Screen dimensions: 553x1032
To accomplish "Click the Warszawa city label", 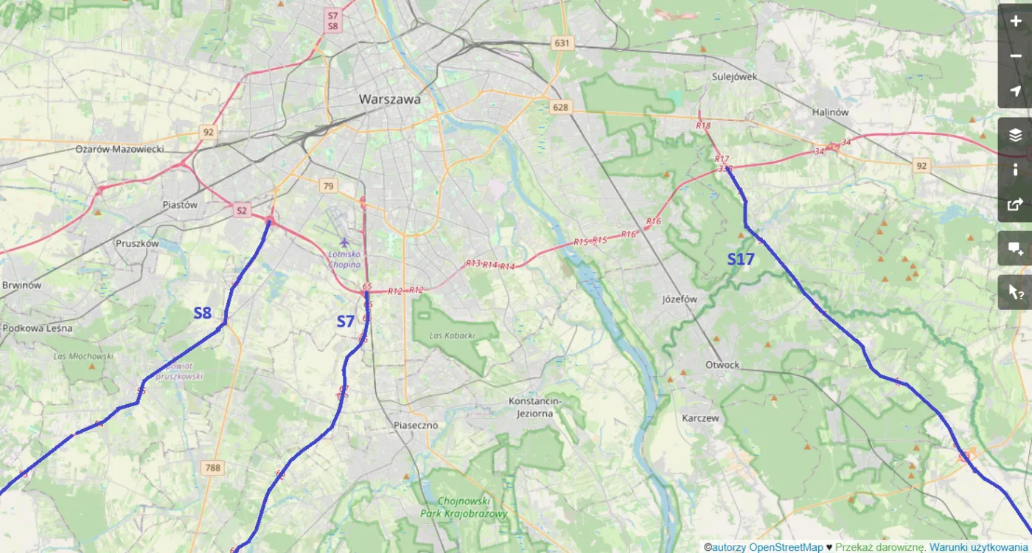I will point(390,99).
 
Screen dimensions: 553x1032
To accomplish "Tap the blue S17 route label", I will point(741,260).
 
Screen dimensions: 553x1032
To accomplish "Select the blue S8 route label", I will point(203,313).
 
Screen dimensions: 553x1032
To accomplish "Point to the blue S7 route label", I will point(346,321).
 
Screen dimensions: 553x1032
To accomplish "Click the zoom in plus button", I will point(1016,21).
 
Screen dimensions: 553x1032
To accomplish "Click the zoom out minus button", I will point(1016,56).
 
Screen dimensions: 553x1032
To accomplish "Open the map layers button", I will point(1016,135).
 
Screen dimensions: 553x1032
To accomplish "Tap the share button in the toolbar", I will point(1016,204).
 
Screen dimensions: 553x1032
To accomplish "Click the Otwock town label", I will point(722,365).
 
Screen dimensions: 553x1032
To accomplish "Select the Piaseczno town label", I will point(415,425).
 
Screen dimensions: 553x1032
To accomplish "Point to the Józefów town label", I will point(680,299).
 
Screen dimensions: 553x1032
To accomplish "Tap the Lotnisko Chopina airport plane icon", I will point(344,242).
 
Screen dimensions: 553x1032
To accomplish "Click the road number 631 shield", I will point(562,43).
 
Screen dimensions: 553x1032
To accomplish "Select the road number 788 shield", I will point(213,467).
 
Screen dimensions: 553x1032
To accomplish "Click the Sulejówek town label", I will point(735,76).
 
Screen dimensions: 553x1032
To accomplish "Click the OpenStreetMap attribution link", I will point(785,547).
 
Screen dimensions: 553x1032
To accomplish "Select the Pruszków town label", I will point(137,243).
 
